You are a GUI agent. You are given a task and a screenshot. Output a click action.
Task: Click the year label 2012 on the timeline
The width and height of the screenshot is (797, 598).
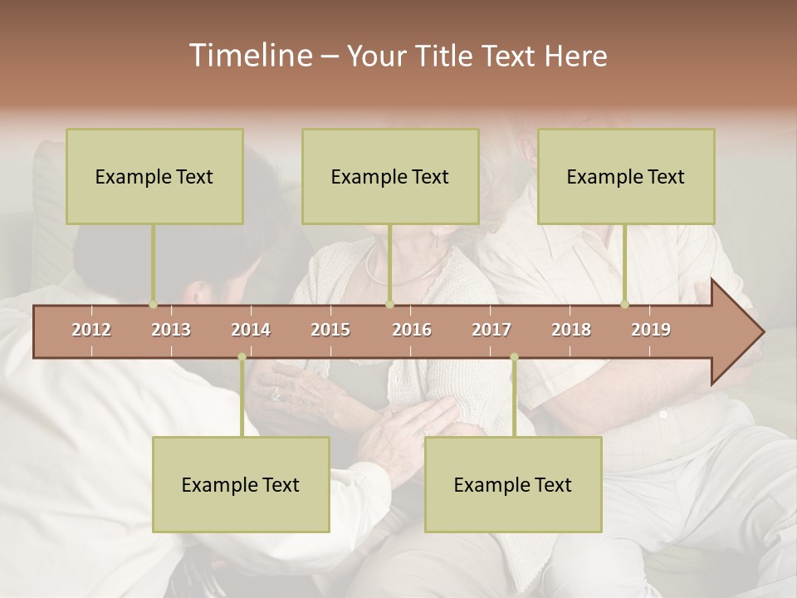(91, 330)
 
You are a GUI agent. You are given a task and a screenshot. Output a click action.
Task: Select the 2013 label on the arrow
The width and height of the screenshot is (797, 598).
(171, 330)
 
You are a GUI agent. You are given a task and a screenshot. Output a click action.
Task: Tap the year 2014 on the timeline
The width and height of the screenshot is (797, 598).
(251, 330)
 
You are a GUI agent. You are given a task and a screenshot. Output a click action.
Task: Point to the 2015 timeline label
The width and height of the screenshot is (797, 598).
(330, 330)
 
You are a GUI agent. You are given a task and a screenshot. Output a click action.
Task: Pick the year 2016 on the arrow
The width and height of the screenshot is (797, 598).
(412, 330)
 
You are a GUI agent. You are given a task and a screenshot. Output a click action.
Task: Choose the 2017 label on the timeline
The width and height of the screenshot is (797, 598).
(491, 330)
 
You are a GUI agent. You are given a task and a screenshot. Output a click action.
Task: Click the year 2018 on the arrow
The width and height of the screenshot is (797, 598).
(571, 330)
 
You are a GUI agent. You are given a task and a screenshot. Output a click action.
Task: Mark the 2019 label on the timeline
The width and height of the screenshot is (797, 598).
(651, 330)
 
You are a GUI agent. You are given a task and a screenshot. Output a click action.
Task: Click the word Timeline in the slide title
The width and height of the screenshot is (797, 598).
(249, 56)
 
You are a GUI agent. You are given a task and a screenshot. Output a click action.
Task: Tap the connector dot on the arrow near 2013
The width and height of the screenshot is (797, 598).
(153, 305)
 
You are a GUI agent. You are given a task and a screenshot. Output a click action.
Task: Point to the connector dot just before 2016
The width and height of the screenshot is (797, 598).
(389, 305)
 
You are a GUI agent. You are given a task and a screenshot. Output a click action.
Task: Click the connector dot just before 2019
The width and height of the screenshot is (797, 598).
(625, 305)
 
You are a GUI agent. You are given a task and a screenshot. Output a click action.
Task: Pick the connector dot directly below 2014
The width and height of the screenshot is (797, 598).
(242, 357)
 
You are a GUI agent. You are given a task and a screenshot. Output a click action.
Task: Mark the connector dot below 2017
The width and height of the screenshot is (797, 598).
(514, 357)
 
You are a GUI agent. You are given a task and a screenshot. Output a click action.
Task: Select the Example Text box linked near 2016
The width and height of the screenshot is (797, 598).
(390, 176)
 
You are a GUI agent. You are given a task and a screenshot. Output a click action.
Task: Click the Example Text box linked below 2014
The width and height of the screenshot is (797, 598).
(241, 484)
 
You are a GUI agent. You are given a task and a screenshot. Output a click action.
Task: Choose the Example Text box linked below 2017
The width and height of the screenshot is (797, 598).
(513, 484)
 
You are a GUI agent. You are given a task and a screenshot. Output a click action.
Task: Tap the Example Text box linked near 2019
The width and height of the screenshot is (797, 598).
(626, 176)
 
